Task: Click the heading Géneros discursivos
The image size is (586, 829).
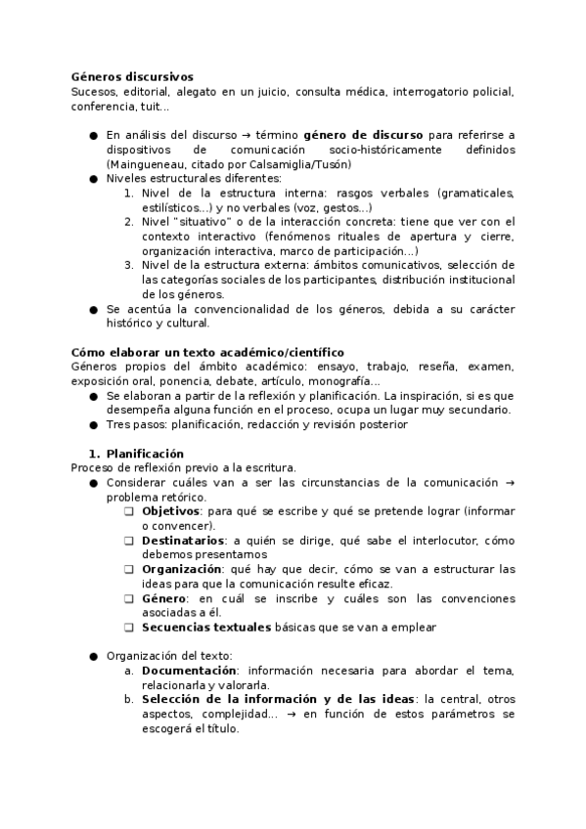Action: [x=132, y=76]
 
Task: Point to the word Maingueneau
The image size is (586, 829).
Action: [x=144, y=164]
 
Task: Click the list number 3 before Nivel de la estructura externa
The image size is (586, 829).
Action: [x=128, y=265]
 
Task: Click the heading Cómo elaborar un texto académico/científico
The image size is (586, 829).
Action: [x=207, y=352]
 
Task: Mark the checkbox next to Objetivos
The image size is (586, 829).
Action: [x=129, y=511]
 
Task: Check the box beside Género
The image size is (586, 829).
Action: [x=129, y=598]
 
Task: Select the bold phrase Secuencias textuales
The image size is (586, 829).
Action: [x=206, y=628]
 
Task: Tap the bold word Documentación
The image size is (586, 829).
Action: [x=189, y=671]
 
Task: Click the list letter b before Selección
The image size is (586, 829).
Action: [x=129, y=700]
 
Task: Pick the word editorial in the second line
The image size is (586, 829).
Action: [x=148, y=91]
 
